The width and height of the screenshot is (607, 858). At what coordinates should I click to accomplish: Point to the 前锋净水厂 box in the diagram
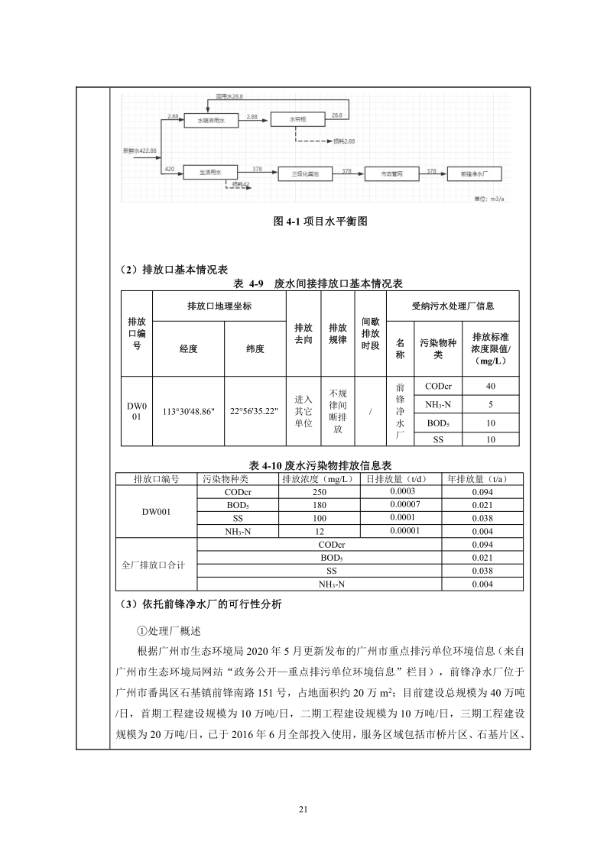tap(475, 174)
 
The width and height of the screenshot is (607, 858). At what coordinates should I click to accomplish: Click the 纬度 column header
tap(255, 349)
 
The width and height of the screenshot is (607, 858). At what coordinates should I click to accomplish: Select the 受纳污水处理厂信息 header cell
tap(453, 306)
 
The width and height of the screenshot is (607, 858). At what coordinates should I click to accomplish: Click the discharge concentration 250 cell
tap(319, 493)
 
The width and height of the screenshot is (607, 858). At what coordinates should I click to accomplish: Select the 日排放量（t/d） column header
tap(404, 479)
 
